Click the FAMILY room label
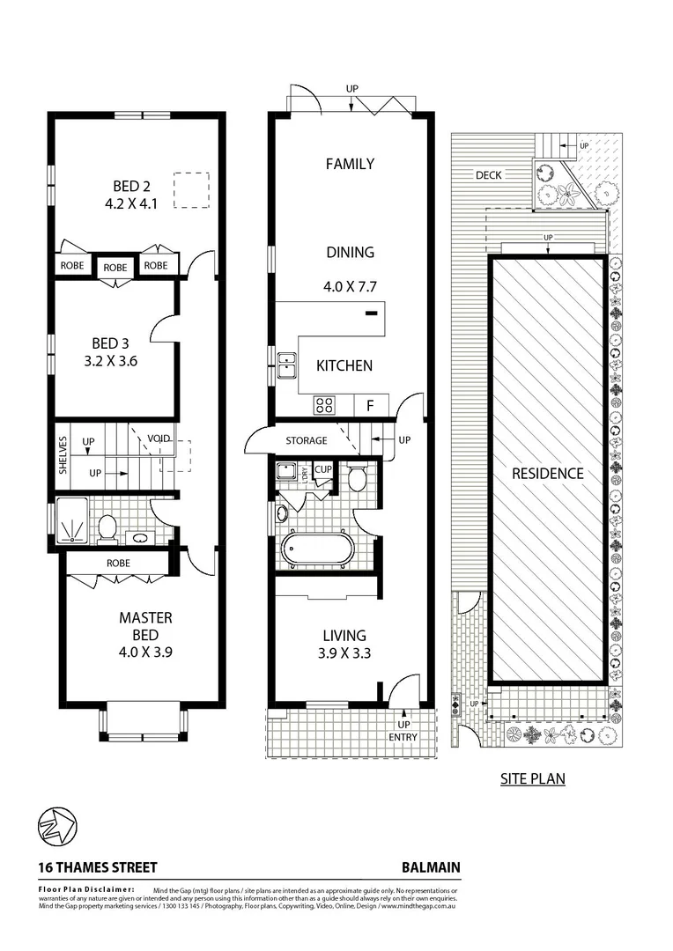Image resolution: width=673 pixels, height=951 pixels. click(x=350, y=164)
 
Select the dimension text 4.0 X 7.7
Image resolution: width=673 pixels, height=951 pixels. click(x=350, y=285)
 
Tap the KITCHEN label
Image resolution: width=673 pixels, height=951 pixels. click(x=344, y=365)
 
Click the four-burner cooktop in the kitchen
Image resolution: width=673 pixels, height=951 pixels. click(x=324, y=405)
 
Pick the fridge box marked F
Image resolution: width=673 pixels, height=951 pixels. click(x=369, y=406)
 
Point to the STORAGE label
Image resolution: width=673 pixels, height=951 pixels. click(x=306, y=440)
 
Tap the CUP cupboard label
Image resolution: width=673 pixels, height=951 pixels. click(x=323, y=469)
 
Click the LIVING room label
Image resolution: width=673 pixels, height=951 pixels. click(x=344, y=635)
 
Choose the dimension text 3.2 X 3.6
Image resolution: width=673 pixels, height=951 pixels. click(x=112, y=360)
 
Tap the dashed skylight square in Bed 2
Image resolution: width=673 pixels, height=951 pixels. click(x=190, y=190)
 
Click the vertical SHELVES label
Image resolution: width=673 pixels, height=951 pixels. click(x=63, y=455)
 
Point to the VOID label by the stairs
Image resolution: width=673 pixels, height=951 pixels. click(x=159, y=438)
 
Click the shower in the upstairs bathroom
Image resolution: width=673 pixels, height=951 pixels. click(x=72, y=520)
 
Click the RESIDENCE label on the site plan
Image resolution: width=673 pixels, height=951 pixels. click(x=548, y=474)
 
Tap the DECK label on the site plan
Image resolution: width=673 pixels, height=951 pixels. click(x=488, y=175)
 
